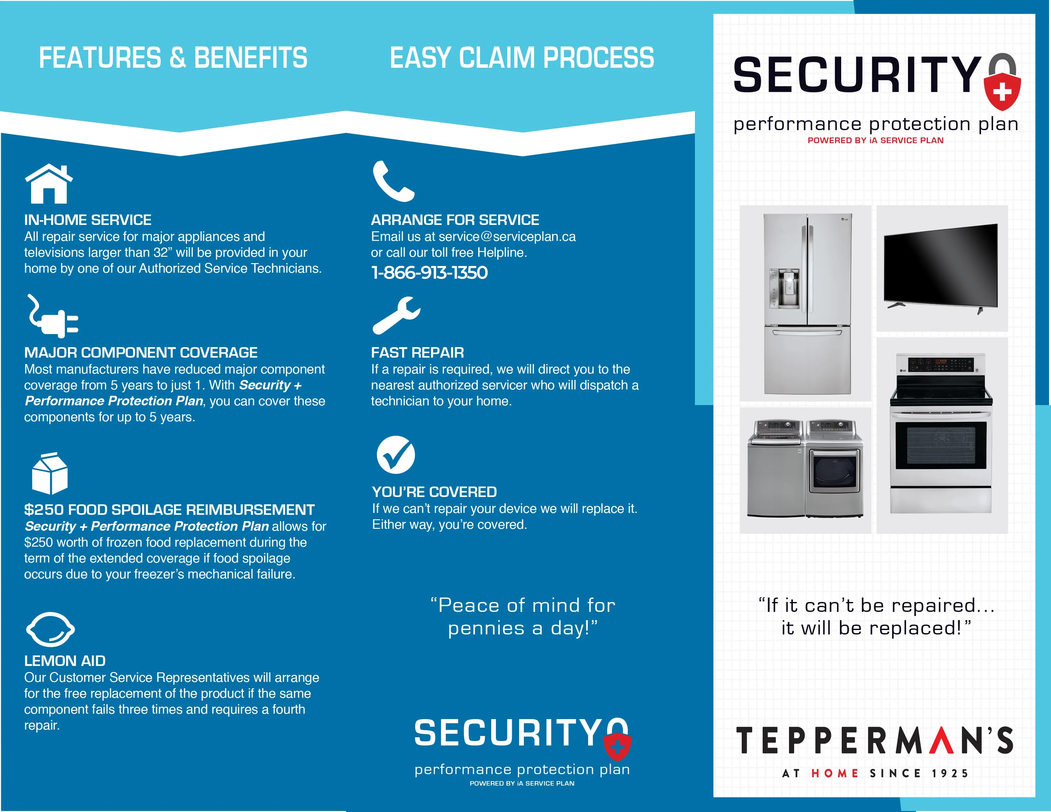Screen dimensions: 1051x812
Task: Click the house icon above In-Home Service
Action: point(49,184)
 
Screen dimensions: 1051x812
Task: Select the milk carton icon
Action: point(50,473)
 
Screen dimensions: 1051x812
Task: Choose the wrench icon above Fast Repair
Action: point(396,315)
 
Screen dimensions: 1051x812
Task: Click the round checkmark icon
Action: point(395,455)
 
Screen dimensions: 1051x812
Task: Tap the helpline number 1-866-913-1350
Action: point(429,273)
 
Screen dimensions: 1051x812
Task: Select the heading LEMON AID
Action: point(65,661)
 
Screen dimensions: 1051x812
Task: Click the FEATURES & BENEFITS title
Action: point(173,58)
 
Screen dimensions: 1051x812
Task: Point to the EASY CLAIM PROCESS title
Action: point(522,58)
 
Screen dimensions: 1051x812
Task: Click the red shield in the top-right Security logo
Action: point(1002,91)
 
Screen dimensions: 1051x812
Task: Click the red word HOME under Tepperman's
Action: point(835,773)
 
